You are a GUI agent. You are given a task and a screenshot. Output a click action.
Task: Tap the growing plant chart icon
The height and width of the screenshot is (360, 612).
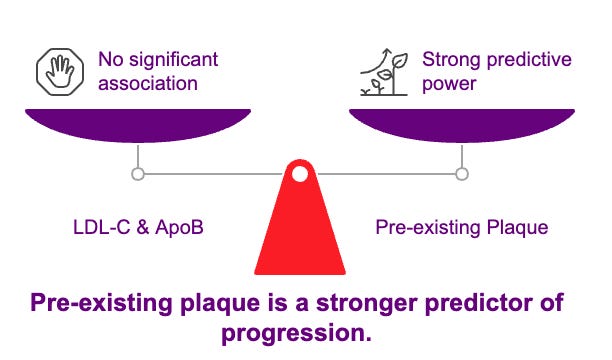(383, 71)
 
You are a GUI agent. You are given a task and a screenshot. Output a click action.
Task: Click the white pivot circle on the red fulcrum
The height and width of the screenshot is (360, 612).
(299, 174)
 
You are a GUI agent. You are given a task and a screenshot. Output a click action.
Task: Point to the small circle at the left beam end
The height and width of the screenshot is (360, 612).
(138, 174)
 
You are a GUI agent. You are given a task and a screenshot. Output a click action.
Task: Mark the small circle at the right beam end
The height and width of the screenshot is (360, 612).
(461, 174)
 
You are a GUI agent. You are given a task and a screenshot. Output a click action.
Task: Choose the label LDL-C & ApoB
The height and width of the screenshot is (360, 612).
(137, 227)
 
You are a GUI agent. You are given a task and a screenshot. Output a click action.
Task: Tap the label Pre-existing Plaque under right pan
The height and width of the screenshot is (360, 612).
(461, 227)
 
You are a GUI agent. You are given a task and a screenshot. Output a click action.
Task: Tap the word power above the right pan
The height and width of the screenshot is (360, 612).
(449, 84)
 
